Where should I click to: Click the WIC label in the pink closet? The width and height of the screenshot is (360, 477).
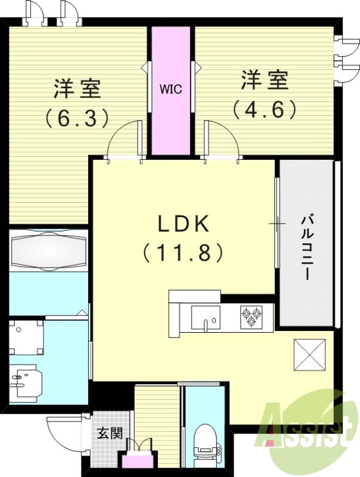170,90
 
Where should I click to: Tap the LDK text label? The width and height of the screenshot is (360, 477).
183,225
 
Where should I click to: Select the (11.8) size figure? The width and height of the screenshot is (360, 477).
183,253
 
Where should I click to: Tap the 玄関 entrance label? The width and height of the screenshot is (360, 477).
110,432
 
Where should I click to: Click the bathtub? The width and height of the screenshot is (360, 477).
48,251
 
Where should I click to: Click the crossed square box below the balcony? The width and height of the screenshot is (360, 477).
309,355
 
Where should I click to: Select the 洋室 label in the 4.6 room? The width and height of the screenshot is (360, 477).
265,80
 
